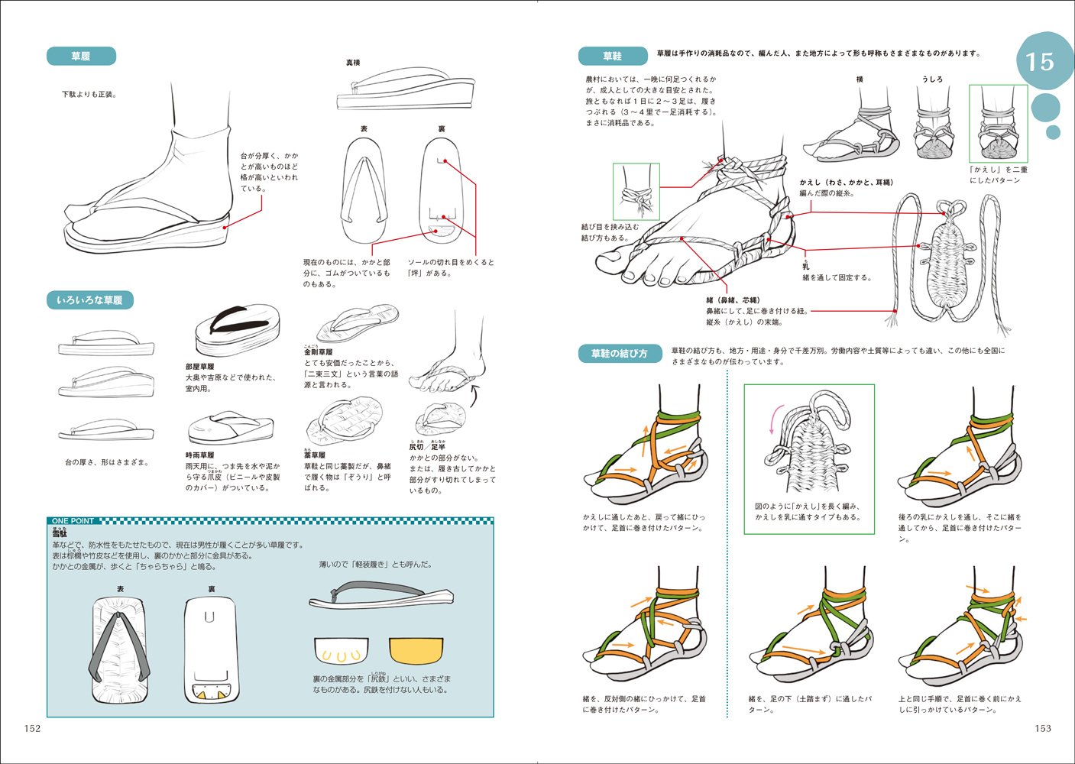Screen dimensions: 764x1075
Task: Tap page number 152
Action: [32, 728]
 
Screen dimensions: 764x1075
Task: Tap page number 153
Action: [1043, 728]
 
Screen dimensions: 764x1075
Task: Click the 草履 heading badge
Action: [81, 57]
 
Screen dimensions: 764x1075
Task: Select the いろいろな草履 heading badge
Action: [89, 300]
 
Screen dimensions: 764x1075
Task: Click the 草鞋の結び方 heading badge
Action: [619, 354]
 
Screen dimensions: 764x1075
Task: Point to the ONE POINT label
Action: [73, 521]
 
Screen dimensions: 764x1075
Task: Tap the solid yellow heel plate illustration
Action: [416, 650]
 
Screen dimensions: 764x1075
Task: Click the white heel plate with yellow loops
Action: [341, 651]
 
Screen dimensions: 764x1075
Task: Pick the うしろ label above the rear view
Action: [932, 79]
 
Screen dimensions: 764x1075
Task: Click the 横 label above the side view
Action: [860, 79]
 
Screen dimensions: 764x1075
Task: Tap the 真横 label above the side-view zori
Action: [353, 63]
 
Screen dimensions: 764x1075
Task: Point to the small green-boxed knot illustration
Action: [636, 192]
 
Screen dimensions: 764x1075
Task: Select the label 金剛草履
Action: [318, 352]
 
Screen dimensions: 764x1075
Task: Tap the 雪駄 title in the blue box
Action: [60, 533]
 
